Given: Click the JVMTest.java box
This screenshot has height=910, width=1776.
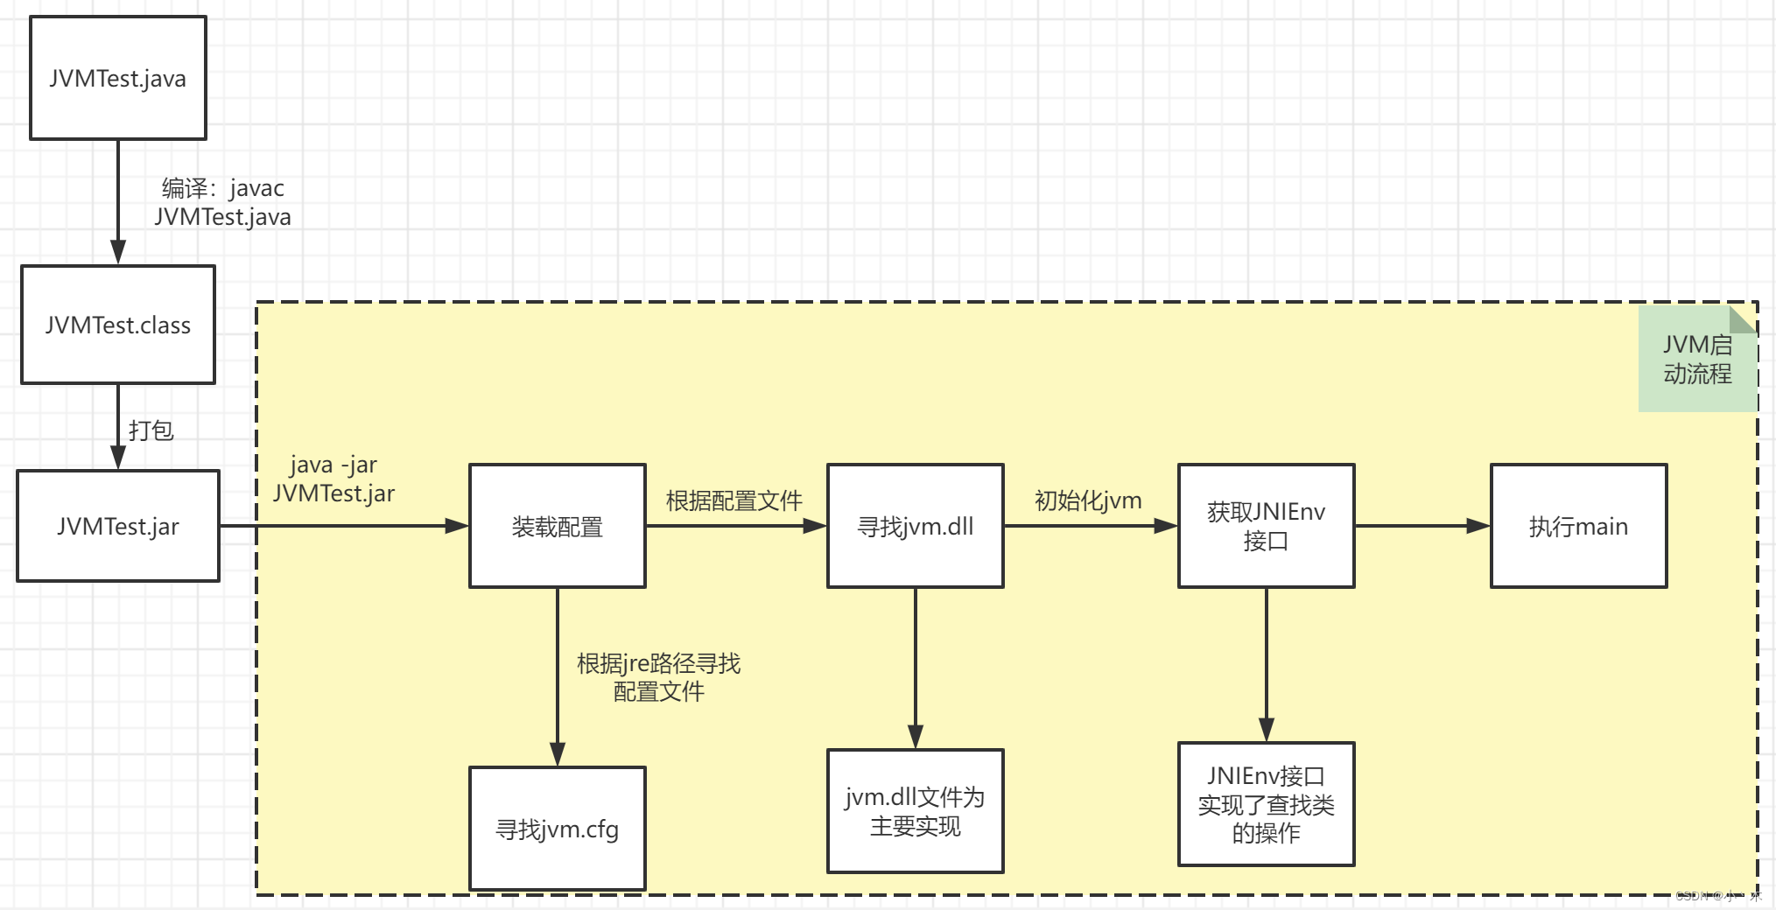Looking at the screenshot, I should [x=118, y=78].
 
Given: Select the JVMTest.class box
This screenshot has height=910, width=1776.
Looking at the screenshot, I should [x=118, y=325].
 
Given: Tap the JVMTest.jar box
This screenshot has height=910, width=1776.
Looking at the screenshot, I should [x=118, y=526].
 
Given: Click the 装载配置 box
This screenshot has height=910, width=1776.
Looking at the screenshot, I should [x=558, y=526].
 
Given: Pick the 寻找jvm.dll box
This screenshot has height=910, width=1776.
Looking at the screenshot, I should [x=915, y=526].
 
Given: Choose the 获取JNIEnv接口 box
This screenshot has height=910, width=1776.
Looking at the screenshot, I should [x=1266, y=526].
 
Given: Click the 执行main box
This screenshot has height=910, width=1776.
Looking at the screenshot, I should [x=1578, y=526].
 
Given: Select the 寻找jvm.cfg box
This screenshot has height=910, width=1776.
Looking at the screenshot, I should [x=558, y=829].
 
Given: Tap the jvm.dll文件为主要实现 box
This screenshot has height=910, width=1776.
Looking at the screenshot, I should [x=915, y=811].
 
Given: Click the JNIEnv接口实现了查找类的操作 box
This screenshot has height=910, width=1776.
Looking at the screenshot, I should [x=1266, y=804].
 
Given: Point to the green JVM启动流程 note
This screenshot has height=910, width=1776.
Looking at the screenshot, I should [x=1696, y=360].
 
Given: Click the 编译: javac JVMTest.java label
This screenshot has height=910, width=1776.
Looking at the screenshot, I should [x=223, y=202].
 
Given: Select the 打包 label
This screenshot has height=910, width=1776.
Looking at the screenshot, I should [x=151, y=430].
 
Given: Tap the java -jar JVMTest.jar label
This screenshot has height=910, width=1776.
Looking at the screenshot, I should [x=333, y=479].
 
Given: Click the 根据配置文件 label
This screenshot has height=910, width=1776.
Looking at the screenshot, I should [x=734, y=500].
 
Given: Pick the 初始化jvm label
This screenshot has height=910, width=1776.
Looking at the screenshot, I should [x=1088, y=500].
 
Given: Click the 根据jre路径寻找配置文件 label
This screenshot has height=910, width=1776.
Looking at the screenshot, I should [x=658, y=677].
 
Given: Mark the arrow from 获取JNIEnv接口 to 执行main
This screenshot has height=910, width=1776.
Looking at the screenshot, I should [x=1422, y=526].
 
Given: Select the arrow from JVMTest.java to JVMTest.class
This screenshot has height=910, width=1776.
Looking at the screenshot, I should [x=118, y=201].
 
